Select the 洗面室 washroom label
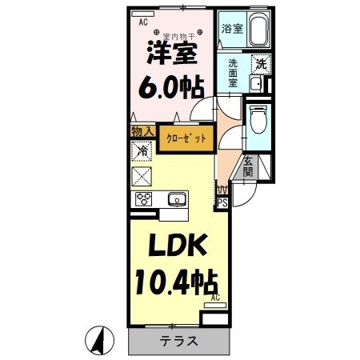click(x=233, y=72)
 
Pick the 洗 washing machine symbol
click(x=261, y=64)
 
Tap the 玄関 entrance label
click(x=248, y=164)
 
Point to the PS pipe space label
click(x=222, y=203)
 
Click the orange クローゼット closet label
click(x=186, y=138)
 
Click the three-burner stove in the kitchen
click(x=144, y=200)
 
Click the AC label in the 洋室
click(x=143, y=22)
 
